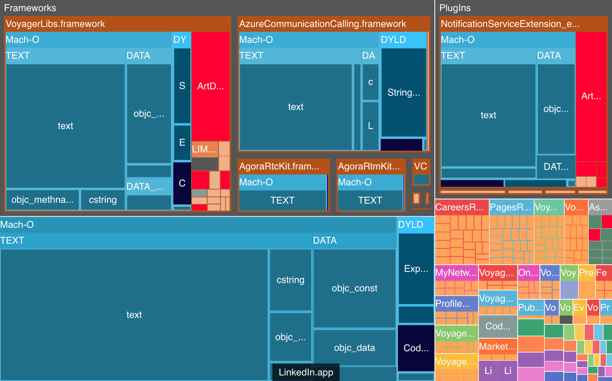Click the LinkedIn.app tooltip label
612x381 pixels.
[x=306, y=372]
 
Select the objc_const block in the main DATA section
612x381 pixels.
[x=354, y=288]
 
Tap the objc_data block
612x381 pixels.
[x=354, y=348]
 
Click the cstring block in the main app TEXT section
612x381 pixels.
[x=291, y=280]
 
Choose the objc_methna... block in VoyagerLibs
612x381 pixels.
[x=42, y=200]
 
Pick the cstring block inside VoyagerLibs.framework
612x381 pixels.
[x=103, y=200]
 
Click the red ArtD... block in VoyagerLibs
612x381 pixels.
[x=210, y=86]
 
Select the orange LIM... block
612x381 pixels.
[x=204, y=149]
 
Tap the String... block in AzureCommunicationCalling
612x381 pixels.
[x=404, y=92]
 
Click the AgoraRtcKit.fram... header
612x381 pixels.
[x=279, y=166]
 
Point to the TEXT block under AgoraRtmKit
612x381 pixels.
[x=370, y=200]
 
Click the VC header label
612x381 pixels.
[x=421, y=166]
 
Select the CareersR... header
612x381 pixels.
[x=460, y=207]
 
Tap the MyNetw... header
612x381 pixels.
[x=456, y=273]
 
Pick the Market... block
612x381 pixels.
[x=497, y=346]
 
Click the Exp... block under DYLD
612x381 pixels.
[x=416, y=269]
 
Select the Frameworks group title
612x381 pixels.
[x=30, y=8]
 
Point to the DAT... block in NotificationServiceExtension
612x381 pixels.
[x=556, y=167]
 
